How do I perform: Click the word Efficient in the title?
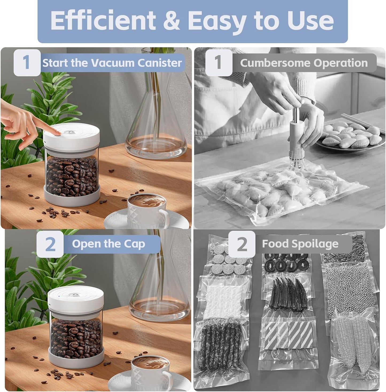pyautogui.click(x=103, y=21)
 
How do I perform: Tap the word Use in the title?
pyautogui.click(x=310, y=21)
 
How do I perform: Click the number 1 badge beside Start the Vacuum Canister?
pyautogui.click(x=27, y=63)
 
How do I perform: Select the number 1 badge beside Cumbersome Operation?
pyautogui.click(x=219, y=63)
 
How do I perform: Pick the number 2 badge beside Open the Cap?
pyautogui.click(x=50, y=244)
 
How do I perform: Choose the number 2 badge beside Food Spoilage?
pyautogui.click(x=242, y=244)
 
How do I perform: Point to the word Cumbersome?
pyautogui.click(x=275, y=63)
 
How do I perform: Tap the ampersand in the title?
pyautogui.click(x=171, y=21)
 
